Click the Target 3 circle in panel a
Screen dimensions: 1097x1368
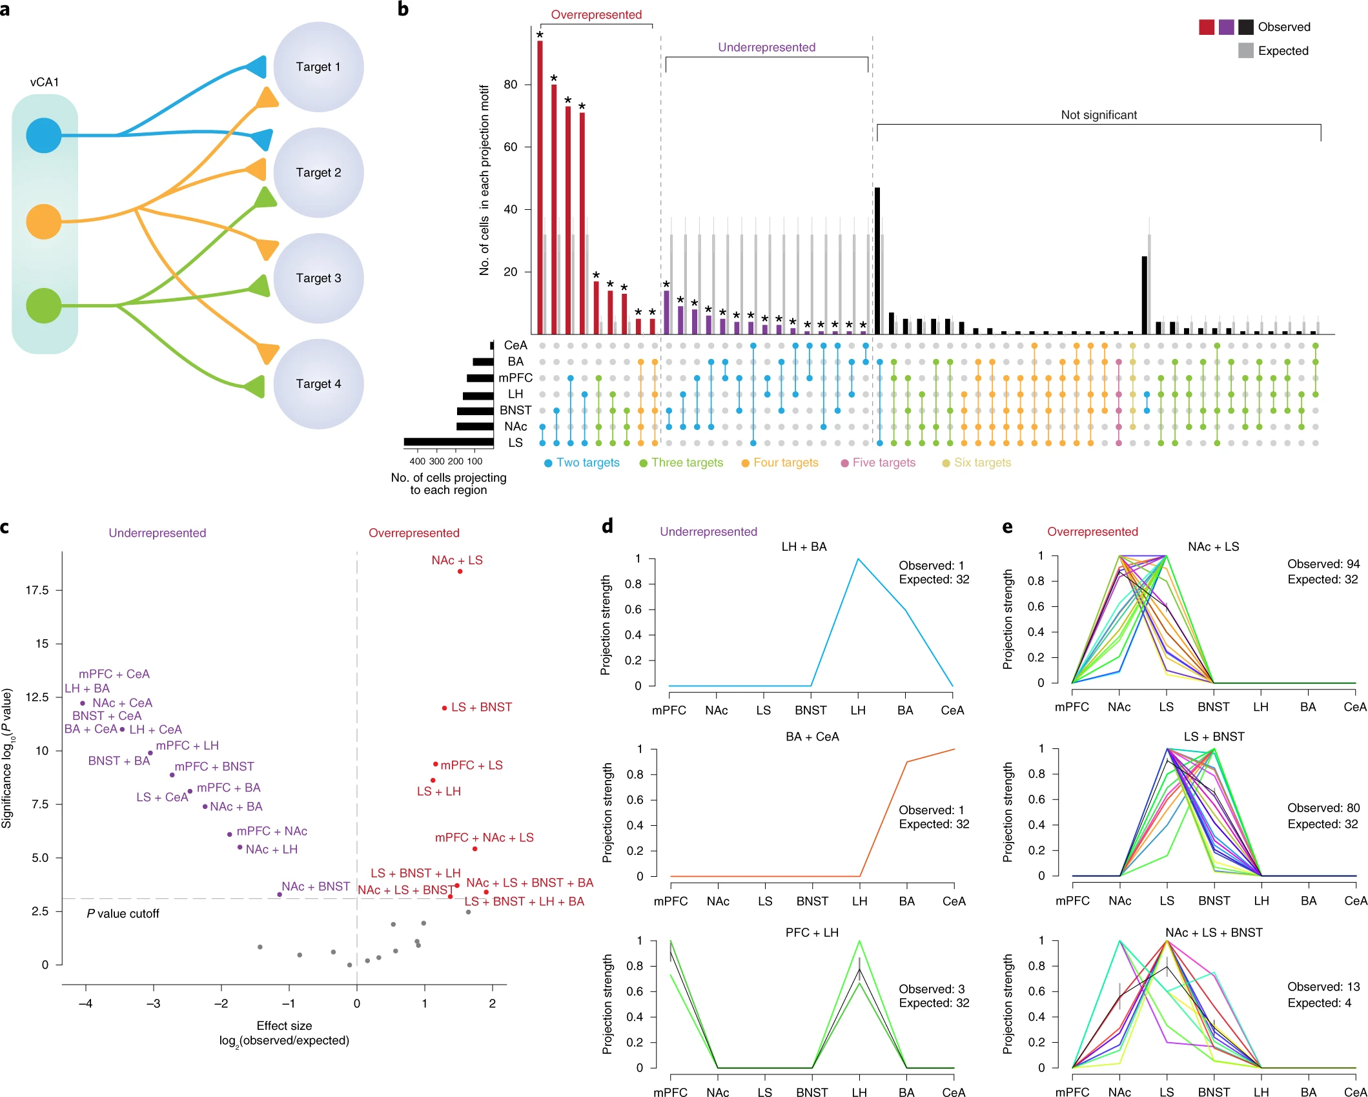point(318,278)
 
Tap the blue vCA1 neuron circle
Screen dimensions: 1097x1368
point(44,135)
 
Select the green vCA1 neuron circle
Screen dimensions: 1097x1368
point(44,305)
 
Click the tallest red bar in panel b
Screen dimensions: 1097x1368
point(540,187)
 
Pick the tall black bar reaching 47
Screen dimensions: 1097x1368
point(877,261)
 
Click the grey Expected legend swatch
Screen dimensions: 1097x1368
point(1245,50)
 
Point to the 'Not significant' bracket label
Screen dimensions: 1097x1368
point(1099,115)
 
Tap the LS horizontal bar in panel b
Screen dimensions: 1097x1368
point(449,442)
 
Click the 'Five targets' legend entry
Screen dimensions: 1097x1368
point(883,462)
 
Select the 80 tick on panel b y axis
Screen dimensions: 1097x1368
point(511,85)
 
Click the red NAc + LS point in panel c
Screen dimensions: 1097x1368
point(460,571)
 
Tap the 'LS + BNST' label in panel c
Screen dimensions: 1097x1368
point(481,707)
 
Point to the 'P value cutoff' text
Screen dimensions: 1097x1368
point(123,914)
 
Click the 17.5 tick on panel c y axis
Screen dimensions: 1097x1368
point(37,590)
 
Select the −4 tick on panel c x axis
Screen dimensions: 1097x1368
point(85,1003)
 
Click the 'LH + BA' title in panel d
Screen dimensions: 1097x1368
point(804,547)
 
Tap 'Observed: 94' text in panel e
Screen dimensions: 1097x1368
point(1323,564)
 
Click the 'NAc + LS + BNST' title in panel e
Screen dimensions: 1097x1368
point(1213,932)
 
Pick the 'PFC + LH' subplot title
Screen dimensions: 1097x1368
point(812,932)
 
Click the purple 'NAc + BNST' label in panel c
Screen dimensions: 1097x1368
point(315,887)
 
